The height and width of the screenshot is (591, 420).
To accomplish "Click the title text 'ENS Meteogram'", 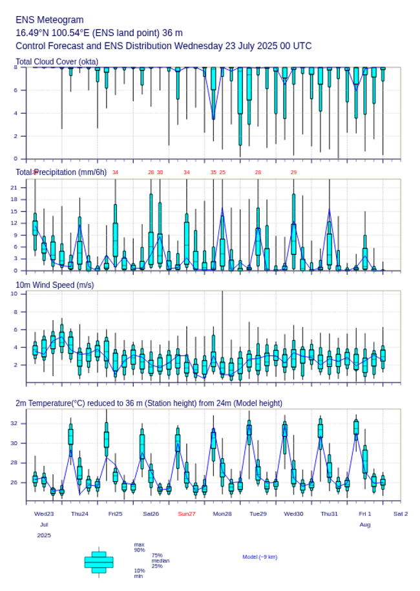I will tap(50, 20).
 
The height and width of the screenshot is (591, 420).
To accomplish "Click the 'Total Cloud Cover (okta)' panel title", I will tap(57, 62).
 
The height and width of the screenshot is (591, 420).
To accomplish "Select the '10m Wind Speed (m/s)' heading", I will tap(54, 285).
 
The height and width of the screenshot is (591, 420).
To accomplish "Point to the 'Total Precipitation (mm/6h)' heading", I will tap(61, 172).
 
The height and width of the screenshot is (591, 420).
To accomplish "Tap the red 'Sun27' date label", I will tap(187, 514).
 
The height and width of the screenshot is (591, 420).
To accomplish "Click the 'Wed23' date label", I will tap(44, 514).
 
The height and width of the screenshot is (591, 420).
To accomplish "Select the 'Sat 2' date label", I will tap(401, 514).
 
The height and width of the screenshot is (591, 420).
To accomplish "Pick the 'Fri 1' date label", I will tap(365, 514).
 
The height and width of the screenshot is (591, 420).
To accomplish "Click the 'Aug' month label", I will tap(365, 525).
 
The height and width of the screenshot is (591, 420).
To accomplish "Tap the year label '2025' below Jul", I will tap(44, 536).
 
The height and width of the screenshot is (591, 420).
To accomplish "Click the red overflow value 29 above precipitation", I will tap(293, 172).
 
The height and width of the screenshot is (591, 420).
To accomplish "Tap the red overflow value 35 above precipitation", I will tap(213, 172).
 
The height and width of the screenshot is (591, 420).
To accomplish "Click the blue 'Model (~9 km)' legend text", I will tap(260, 557).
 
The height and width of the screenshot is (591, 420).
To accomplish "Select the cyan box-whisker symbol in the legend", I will tap(99, 562).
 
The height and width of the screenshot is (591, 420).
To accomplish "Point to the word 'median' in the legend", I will tap(160, 561).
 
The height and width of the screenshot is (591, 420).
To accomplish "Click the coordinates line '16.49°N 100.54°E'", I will tap(99, 33).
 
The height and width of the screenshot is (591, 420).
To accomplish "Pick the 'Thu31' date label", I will tap(330, 514).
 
